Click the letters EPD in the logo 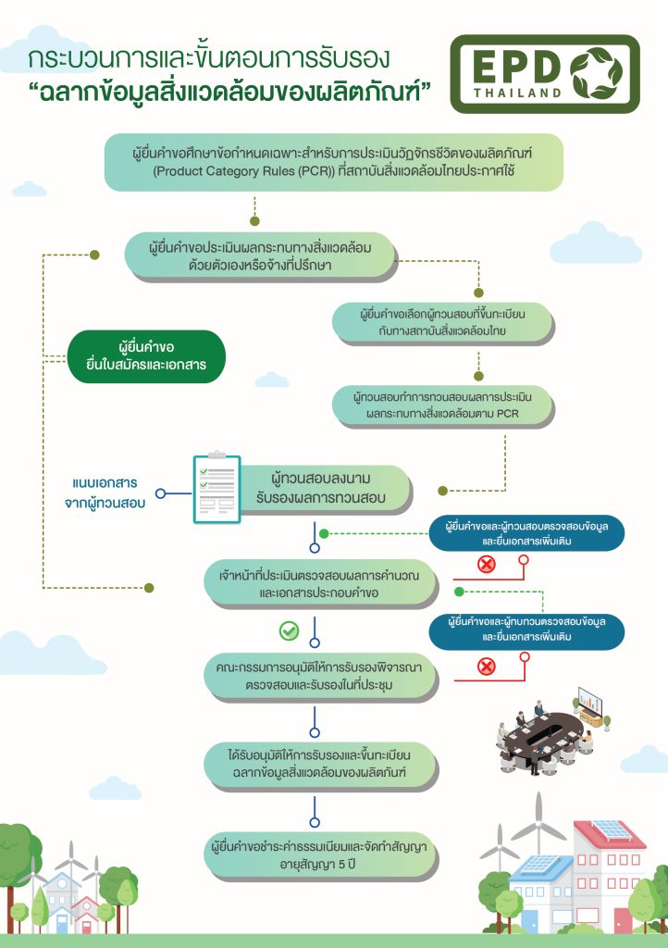[x=517, y=66]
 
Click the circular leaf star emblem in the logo [x=596, y=74]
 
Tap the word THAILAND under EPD [x=517, y=94]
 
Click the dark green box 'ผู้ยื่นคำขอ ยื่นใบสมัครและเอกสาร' [x=146, y=356]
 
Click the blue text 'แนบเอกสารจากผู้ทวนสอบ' [x=105, y=493]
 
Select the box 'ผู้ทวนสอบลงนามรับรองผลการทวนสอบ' [x=327, y=489]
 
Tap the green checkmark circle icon [x=289, y=631]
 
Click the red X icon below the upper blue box [x=487, y=564]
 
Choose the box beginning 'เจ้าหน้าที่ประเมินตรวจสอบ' [x=319, y=584]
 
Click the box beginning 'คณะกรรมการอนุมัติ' [x=319, y=676]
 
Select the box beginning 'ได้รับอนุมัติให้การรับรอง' [x=319, y=764]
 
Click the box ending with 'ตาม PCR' [x=443, y=405]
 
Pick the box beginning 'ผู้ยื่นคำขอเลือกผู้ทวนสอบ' [x=443, y=323]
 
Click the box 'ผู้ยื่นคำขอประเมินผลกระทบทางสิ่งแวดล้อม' [x=260, y=256]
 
